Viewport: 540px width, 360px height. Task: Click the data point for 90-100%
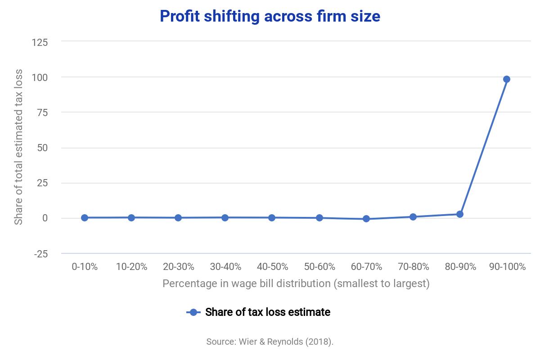tap(506, 79)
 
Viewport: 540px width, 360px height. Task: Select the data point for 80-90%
tap(459, 214)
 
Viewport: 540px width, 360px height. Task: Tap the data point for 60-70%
tap(366, 219)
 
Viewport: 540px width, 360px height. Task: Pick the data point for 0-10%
tap(85, 218)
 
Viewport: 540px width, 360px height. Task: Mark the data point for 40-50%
tap(272, 218)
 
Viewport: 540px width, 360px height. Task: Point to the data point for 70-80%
tap(413, 217)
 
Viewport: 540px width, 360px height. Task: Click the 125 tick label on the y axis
tap(40, 42)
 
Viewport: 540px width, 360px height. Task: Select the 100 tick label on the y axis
tap(40, 77)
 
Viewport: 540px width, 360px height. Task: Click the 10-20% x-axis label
tap(131, 267)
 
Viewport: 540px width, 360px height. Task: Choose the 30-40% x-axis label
tap(225, 267)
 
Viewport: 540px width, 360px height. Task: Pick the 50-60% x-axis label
tap(319, 267)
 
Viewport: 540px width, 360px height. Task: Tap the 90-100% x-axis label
tap(507, 267)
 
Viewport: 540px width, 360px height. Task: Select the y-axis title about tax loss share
tap(18, 147)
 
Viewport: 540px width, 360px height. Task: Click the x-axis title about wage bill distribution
tap(296, 284)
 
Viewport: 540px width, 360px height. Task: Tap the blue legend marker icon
tap(193, 312)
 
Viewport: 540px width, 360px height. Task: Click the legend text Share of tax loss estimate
tap(268, 312)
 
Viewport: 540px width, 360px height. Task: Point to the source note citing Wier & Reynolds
tap(270, 342)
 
